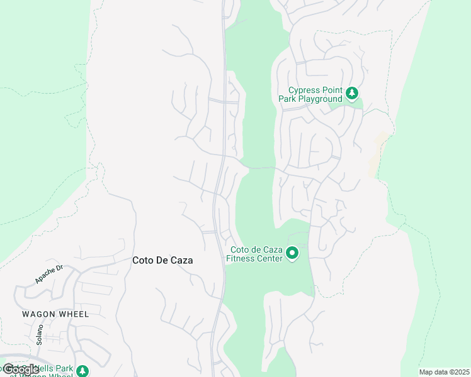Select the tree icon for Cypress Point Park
pyautogui.click(x=352, y=94)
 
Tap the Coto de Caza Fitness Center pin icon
pyautogui.click(x=292, y=253)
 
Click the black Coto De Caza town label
pyautogui.click(x=162, y=260)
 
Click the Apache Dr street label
pyautogui.click(x=49, y=274)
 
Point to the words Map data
pyautogui.click(x=431, y=372)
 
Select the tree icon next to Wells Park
pyautogui.click(x=82, y=371)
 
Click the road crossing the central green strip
pyautogui.click(x=258, y=168)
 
